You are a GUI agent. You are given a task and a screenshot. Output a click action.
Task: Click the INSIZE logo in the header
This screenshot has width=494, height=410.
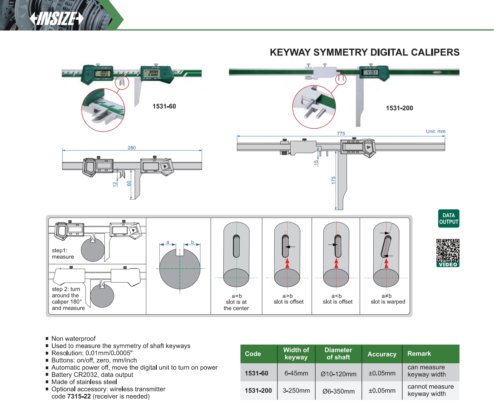[x=57, y=18]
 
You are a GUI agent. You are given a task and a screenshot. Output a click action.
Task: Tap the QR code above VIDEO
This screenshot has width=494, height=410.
[x=448, y=250]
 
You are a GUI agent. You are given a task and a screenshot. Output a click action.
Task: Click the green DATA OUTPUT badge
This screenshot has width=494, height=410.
[x=449, y=218]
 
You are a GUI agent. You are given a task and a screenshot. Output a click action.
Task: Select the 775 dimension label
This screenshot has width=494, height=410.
[x=341, y=134]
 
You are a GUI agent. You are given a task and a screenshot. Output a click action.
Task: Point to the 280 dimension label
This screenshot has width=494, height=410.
[x=132, y=148]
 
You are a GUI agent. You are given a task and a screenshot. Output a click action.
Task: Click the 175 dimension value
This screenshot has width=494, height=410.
[x=333, y=180]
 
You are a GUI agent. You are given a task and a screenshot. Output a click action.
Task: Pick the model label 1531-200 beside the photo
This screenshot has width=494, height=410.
[x=399, y=108]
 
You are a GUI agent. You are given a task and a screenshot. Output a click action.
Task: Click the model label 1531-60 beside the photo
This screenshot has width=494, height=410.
[x=164, y=106]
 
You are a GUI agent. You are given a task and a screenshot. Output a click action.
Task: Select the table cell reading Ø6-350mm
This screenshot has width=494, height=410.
[x=338, y=391]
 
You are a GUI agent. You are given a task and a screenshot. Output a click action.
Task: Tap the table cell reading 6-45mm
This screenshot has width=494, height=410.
[x=296, y=373]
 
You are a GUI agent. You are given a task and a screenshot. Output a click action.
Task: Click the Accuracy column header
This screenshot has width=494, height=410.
[x=382, y=354]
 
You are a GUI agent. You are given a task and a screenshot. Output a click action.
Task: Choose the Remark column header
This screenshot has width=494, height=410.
[x=419, y=354]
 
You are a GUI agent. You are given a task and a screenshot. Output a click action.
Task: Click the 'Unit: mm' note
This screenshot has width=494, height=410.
[x=436, y=131]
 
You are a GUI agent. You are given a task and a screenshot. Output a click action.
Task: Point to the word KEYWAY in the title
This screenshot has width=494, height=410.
[x=290, y=52]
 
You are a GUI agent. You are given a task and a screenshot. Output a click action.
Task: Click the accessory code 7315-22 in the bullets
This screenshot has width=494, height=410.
[x=79, y=396]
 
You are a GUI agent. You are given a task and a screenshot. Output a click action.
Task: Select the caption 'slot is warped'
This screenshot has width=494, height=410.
[x=388, y=302]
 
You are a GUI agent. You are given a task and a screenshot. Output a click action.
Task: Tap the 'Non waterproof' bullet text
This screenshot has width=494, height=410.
[x=73, y=339]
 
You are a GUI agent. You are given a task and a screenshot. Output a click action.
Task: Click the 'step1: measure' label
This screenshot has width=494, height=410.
[x=63, y=254]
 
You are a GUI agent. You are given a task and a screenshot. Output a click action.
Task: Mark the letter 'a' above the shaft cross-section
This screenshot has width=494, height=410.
[x=168, y=242]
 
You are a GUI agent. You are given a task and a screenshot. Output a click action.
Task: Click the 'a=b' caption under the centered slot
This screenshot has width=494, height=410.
[x=237, y=296]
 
